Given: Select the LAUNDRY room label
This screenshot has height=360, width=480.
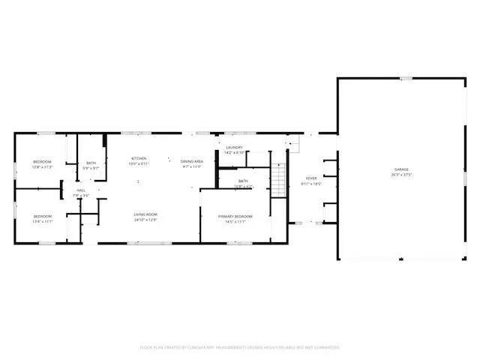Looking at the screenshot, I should click(234, 148).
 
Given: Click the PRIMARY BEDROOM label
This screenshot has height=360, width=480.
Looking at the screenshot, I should click(235, 217).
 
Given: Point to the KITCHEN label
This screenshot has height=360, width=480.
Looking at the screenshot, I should click(139, 158).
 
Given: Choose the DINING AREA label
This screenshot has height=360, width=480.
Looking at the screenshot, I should click(193, 162).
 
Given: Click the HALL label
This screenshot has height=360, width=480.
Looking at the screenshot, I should click(80, 190).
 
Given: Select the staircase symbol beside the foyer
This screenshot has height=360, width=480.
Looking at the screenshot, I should click(278, 181).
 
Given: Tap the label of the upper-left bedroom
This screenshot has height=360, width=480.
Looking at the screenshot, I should click(41, 163).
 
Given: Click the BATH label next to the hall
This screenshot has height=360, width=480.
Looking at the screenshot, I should click(91, 163).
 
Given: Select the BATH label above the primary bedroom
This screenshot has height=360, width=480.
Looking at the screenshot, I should click(243, 181).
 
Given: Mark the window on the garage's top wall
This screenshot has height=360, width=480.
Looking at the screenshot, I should click(406, 78).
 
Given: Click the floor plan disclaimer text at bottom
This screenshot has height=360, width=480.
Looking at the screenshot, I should click(240, 347).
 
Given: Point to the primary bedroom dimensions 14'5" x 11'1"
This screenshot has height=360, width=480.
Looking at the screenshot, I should click(235, 222).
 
